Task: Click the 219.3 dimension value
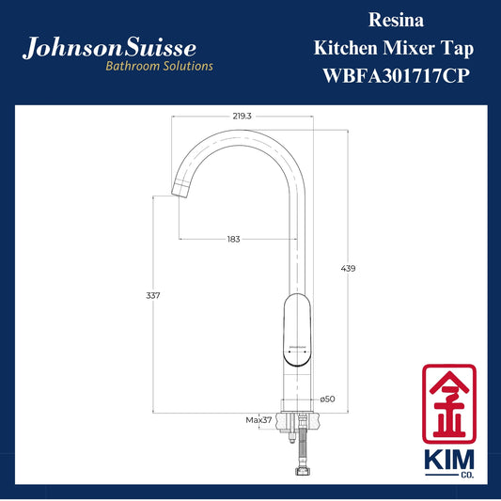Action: coord(242,117)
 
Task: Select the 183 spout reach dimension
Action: coord(233,239)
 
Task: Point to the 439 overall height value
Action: coord(348,269)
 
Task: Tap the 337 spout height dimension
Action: coord(152,295)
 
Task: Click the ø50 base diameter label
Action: coord(327,399)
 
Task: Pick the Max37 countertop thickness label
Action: coord(258,420)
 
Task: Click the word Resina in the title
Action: coord(397,20)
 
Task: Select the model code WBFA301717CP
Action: coord(397,76)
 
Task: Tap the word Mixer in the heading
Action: coord(409,48)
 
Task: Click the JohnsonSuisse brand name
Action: coord(109,48)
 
